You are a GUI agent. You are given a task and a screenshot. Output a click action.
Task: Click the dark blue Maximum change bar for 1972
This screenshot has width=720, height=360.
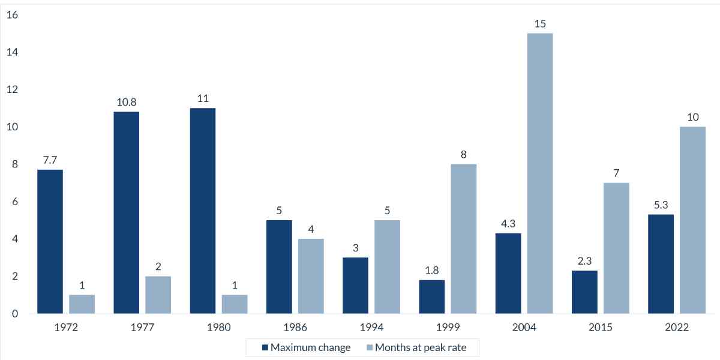(50, 241)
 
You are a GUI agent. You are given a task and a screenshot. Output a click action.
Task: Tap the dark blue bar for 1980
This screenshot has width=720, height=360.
(202, 211)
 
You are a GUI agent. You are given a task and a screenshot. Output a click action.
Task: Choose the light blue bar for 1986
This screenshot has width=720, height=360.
(311, 276)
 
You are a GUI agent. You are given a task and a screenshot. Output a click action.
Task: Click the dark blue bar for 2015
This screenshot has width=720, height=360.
(584, 292)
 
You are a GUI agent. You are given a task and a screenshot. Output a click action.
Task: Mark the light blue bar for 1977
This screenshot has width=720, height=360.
(158, 295)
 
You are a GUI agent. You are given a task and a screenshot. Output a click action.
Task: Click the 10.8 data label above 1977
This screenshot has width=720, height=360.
(126, 102)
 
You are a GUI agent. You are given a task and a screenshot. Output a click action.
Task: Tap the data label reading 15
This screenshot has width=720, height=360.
(539, 23)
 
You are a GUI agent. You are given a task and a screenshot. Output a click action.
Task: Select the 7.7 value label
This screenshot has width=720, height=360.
(50, 160)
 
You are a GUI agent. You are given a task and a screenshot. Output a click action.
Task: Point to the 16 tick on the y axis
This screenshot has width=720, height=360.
(12, 15)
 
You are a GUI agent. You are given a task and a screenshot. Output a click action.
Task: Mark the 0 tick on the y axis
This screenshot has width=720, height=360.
(14, 313)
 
